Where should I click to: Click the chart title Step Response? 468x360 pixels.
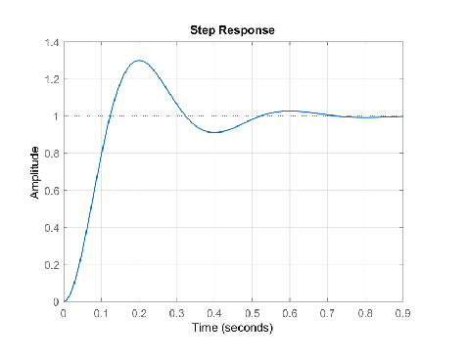[233, 30]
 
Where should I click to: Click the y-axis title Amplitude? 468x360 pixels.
[35, 173]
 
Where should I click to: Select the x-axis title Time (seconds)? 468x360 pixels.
[233, 328]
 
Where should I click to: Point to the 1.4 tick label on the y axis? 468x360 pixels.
[51, 43]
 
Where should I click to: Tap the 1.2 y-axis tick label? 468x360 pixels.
[51, 79]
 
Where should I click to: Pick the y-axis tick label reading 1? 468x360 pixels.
[56, 116]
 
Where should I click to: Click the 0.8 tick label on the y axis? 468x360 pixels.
[51, 154]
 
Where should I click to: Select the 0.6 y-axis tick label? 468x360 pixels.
[51, 191]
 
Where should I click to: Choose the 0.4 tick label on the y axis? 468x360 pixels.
[51, 228]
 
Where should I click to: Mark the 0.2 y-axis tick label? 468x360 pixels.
[51, 265]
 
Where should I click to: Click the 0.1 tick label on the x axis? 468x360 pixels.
[102, 313]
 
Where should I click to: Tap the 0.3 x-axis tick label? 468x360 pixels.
[177, 313]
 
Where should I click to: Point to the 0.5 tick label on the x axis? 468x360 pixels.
[253, 313]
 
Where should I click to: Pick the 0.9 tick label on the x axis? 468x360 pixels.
[401, 313]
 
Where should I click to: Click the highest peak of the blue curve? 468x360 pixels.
[139, 61]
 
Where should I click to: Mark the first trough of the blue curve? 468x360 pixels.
[214, 132]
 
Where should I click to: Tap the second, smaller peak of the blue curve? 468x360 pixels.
[290, 112]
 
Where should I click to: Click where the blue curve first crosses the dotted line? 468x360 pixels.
[110, 116]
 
